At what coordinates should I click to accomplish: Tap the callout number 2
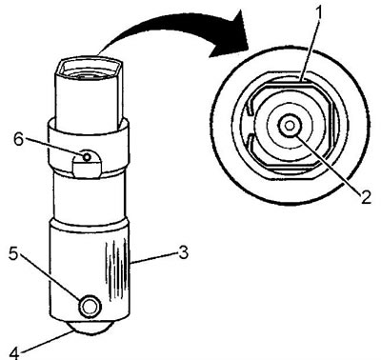click(x=366, y=197)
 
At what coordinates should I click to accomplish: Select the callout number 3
click(x=183, y=253)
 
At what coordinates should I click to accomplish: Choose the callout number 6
click(x=19, y=140)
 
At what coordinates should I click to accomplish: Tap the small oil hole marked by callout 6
click(x=86, y=156)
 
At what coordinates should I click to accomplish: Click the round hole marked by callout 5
click(x=90, y=307)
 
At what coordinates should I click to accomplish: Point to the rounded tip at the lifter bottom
click(x=91, y=328)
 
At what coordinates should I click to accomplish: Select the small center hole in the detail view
click(x=289, y=126)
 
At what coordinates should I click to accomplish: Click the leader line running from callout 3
click(x=154, y=257)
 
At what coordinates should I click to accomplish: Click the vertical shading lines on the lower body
click(x=117, y=273)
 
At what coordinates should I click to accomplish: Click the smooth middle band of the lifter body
click(x=89, y=196)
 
